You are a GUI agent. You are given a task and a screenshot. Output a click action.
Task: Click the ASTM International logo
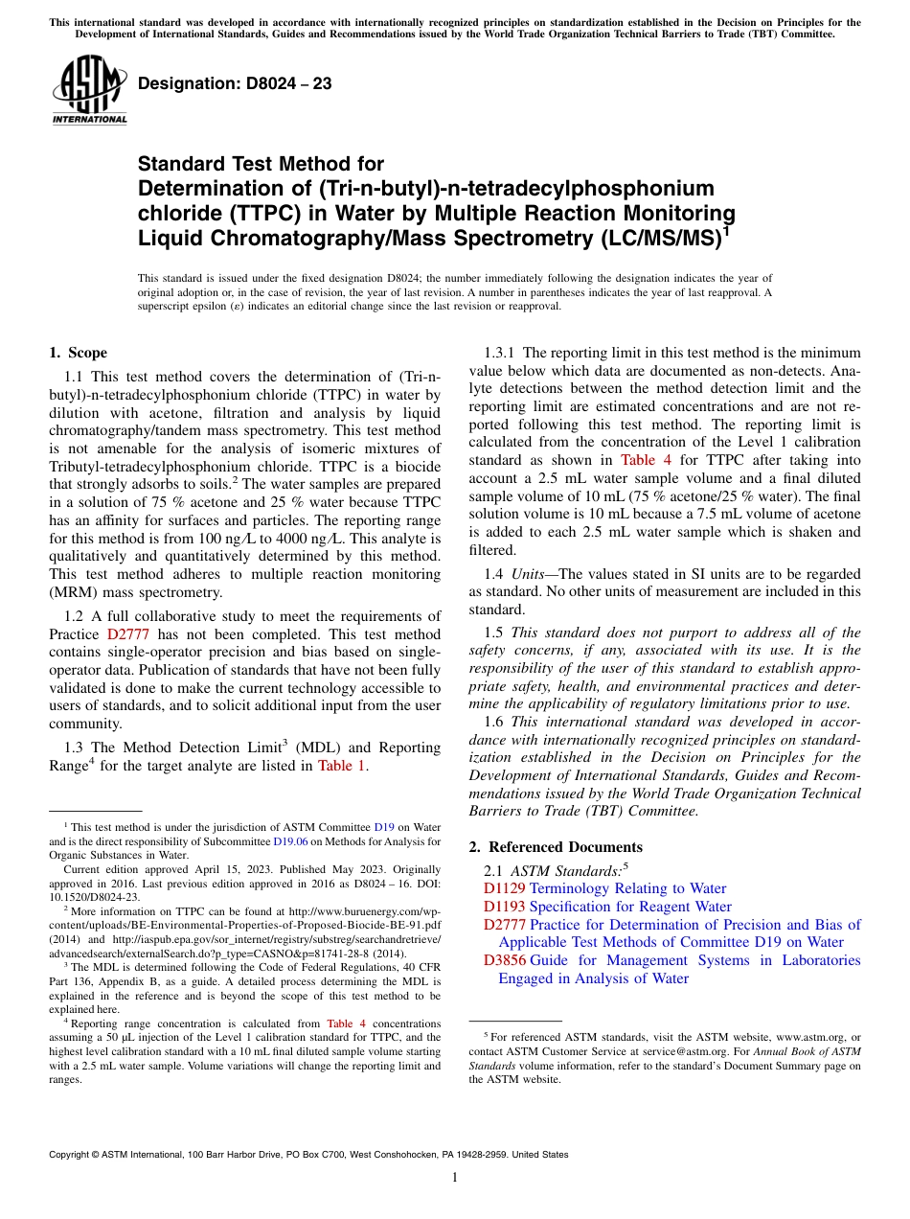tap(88, 89)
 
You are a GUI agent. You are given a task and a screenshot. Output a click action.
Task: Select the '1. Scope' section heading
tap(78, 353)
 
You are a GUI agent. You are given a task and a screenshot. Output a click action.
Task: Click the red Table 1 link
tap(341, 765)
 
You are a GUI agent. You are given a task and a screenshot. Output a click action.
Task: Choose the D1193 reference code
tap(504, 907)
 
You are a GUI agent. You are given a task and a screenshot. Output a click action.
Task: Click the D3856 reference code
tap(504, 960)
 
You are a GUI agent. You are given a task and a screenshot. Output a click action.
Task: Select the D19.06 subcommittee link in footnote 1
tap(290, 841)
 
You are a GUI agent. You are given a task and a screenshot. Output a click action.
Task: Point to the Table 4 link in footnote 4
tap(346, 1023)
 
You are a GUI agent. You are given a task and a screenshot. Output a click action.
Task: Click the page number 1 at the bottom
tap(455, 1178)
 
